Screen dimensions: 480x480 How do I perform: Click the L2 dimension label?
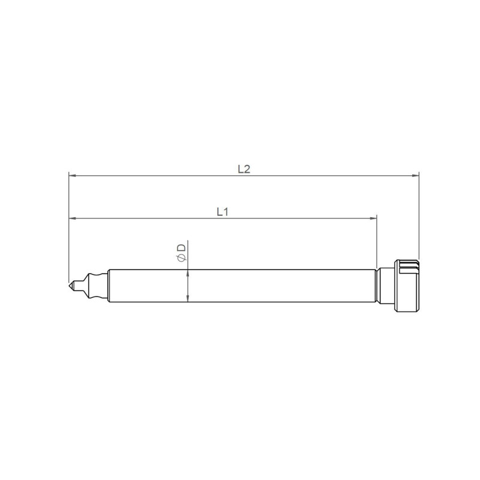pos(244,169)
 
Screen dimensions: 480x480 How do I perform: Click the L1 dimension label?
pos(222,211)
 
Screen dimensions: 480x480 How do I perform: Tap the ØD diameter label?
pos(181,251)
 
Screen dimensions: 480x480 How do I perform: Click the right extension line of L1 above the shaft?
pos(376,246)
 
